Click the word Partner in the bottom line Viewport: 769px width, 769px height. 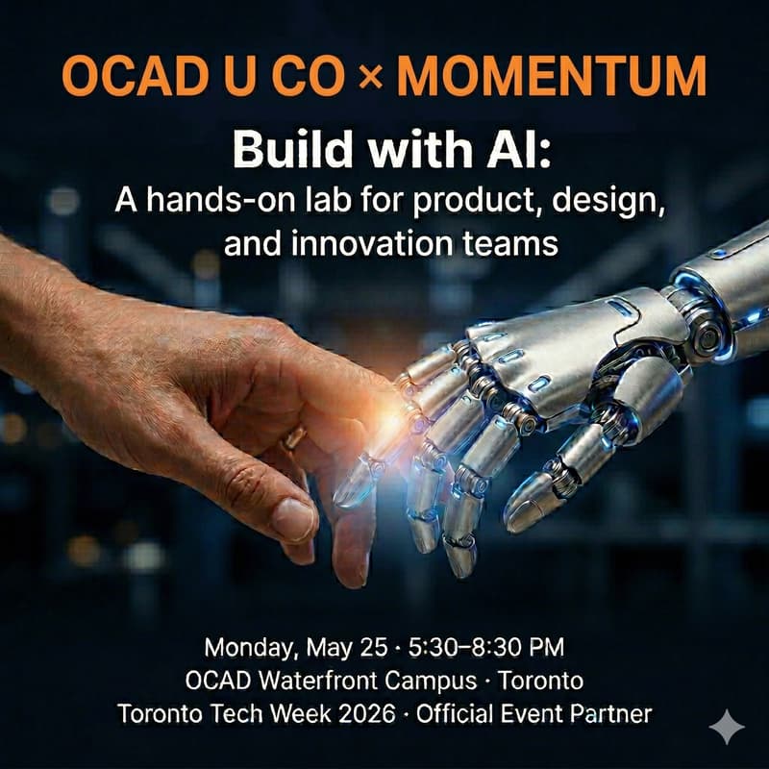click(612, 714)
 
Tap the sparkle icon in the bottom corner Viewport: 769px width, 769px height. click(726, 726)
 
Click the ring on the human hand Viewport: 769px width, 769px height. click(293, 438)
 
